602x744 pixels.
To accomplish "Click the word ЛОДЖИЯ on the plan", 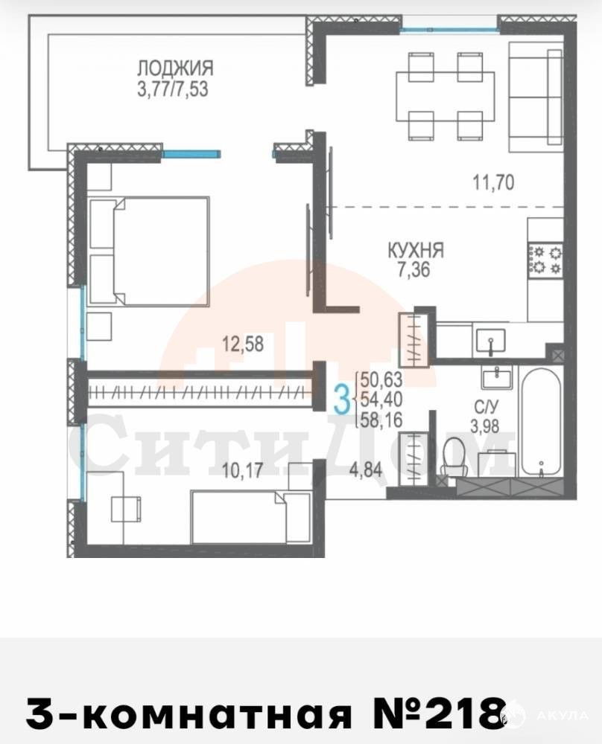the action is click(175, 68).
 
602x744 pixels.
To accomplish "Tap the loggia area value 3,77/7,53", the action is click(172, 89).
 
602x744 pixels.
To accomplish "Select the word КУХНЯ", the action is click(416, 250).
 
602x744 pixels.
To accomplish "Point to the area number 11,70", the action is click(493, 182).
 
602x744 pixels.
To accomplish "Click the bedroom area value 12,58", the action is click(243, 344).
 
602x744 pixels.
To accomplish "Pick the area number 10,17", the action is click(242, 470).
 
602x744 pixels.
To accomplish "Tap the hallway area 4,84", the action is click(365, 469).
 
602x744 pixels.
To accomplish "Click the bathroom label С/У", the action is click(486, 407).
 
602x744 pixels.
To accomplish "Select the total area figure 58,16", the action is click(381, 420).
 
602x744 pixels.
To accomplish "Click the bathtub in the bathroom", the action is click(541, 422).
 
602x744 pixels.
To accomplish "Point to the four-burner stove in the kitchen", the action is click(545, 260).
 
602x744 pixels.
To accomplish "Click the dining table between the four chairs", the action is click(446, 96).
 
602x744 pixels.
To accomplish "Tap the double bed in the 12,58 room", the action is click(149, 251).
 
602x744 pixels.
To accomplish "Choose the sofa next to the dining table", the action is click(536, 97).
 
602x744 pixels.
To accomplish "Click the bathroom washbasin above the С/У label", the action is click(496, 378).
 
